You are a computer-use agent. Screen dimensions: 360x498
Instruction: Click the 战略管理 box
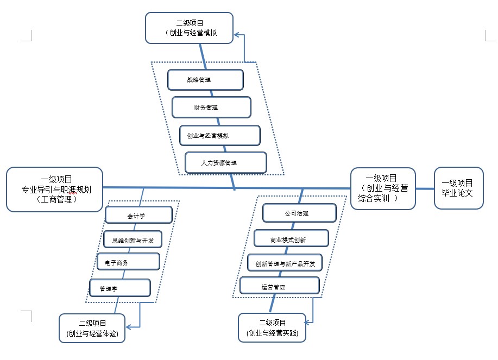pos(205,80)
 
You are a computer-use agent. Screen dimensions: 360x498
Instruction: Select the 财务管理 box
pos(211,107)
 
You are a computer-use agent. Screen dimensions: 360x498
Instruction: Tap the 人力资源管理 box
pos(226,162)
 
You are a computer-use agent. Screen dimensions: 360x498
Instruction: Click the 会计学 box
pos(138,215)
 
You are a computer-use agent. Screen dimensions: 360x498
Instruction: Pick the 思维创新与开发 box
pos(133,239)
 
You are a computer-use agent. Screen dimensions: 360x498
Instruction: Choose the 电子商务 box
pos(128,262)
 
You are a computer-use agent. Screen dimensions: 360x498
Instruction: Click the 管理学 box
pos(119,288)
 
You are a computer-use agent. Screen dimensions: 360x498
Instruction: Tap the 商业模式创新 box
pos(291,238)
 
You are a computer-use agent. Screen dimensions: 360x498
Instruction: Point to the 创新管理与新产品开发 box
pos(285,263)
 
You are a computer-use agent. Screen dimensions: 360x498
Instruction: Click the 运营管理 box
pos(279,286)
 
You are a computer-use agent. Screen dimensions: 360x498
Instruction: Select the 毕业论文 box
pos(458,188)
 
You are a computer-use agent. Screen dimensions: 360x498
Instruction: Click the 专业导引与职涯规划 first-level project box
pos(54,189)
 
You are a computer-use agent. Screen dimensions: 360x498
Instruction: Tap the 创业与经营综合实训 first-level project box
pos(383,188)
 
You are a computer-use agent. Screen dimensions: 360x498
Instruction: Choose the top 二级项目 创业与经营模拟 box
pos(190,28)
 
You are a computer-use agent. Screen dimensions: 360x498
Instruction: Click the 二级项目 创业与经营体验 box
pos(92,328)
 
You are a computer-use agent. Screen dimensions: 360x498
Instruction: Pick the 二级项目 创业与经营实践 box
pos(272,327)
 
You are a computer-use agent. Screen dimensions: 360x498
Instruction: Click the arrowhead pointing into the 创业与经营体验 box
pos(128,327)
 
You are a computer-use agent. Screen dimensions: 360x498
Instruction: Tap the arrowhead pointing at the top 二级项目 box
pos(237,35)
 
